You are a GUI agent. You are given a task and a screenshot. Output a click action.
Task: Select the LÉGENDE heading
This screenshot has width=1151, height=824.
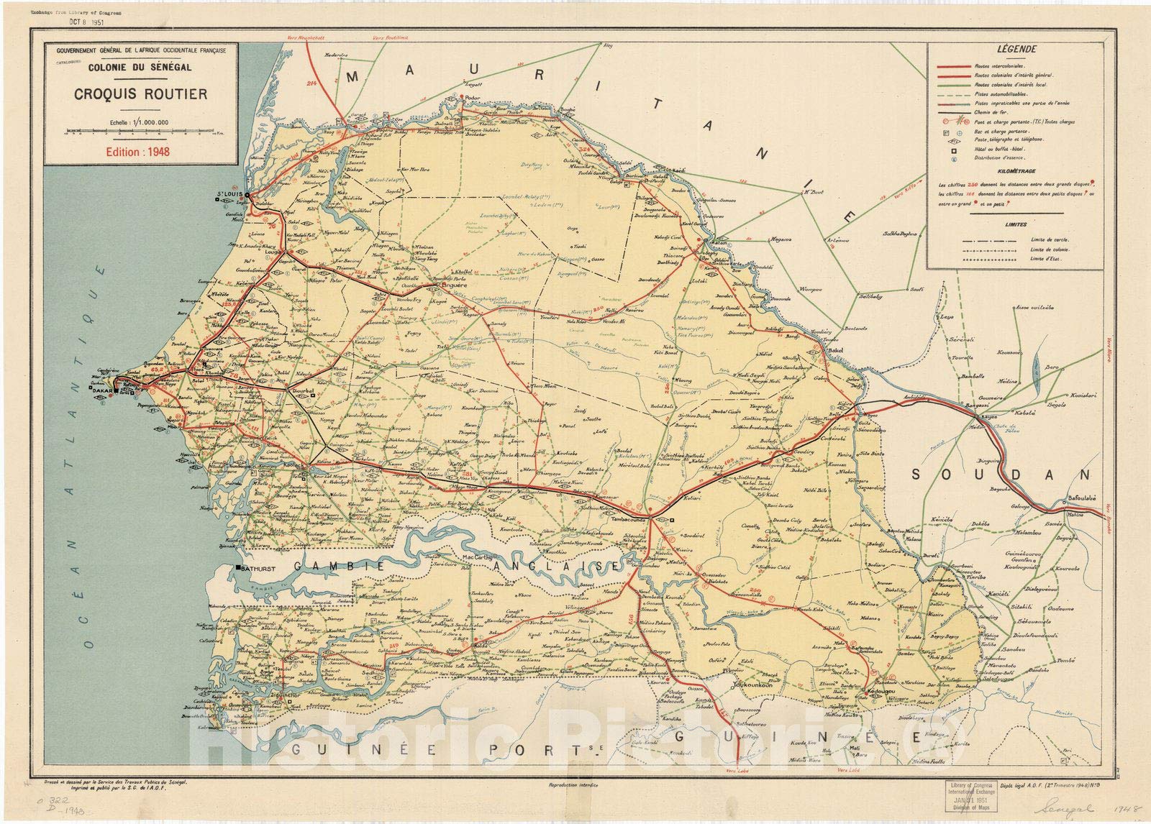click(x=1016, y=50)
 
